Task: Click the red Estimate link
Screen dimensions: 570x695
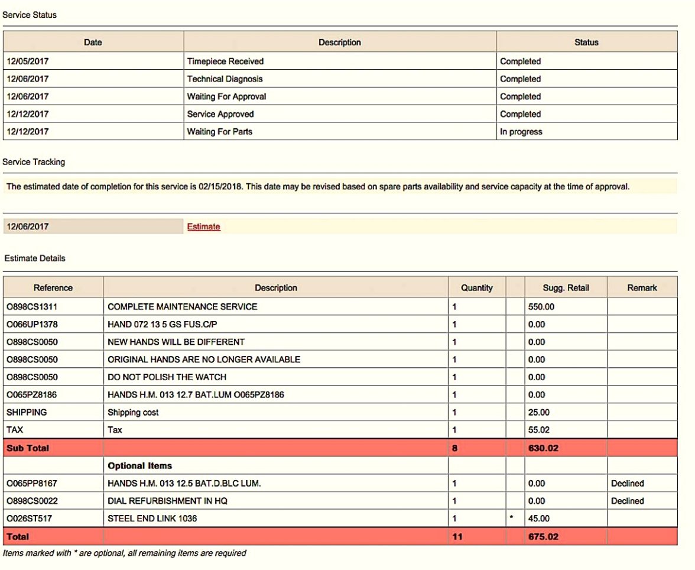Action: [x=203, y=226]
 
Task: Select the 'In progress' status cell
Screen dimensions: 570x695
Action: [x=521, y=132]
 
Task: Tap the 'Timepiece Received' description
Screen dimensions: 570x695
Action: [x=225, y=61]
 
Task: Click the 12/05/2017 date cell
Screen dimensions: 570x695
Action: [x=28, y=61]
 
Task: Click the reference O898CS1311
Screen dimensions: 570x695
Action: [x=32, y=307]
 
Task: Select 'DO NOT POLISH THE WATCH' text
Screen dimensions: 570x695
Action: [x=167, y=377]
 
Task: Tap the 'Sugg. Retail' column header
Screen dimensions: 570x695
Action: [x=566, y=288]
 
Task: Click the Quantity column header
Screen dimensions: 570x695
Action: [x=476, y=288]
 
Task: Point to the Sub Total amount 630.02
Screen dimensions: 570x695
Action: [x=543, y=448]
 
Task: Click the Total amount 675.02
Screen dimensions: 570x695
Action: [x=543, y=537]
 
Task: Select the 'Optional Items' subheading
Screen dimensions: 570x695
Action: [x=139, y=466]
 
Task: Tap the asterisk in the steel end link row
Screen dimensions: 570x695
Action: [x=512, y=519]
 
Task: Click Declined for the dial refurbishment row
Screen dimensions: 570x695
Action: [x=627, y=501]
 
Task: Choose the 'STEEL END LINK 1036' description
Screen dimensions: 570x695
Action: [x=152, y=519]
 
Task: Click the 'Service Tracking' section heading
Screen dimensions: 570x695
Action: [x=34, y=162]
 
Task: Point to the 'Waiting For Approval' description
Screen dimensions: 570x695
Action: [x=226, y=96]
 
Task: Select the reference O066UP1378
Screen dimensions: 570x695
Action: [x=32, y=325]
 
